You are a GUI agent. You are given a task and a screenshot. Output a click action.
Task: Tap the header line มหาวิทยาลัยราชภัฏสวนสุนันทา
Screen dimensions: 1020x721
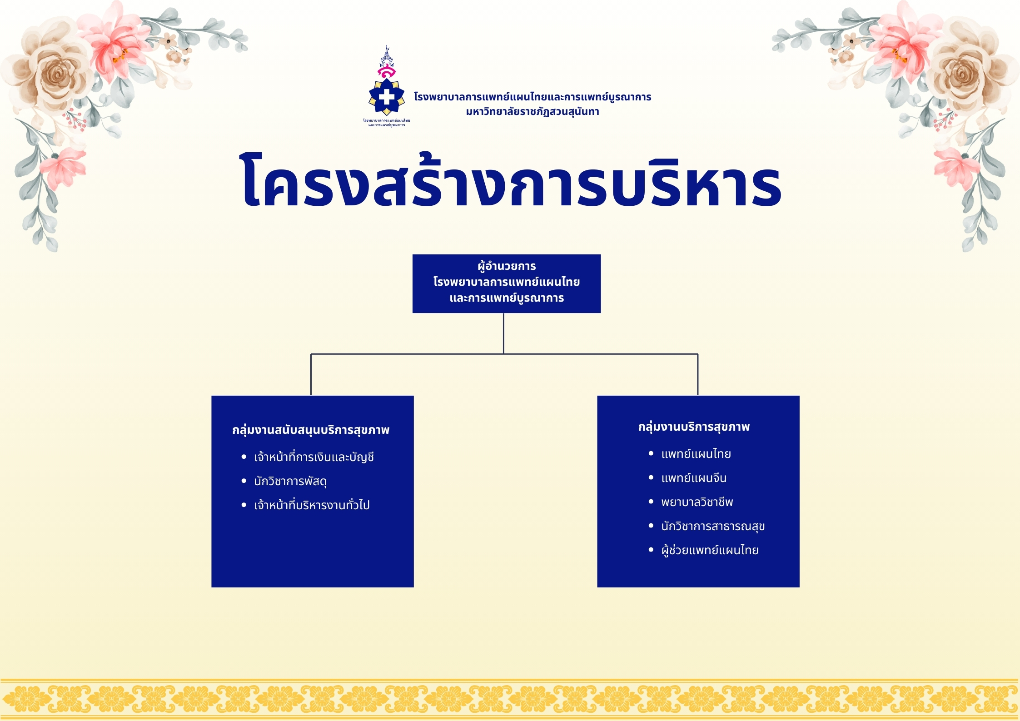click(532, 112)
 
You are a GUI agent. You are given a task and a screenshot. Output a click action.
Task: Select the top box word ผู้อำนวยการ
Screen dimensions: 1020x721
click(507, 266)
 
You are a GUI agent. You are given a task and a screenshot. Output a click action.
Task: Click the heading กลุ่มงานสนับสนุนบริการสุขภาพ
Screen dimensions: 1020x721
click(311, 430)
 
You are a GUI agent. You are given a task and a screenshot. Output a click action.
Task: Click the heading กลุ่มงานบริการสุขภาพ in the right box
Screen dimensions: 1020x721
click(694, 427)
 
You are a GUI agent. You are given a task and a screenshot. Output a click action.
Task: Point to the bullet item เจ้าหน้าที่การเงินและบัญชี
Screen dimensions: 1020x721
click(314, 457)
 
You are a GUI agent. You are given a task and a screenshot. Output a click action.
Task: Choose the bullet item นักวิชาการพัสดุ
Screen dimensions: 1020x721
click(290, 481)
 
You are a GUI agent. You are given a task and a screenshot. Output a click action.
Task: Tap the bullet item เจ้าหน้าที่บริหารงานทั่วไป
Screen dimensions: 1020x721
click(312, 505)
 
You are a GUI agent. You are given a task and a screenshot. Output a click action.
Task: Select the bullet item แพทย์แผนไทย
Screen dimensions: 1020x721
click(696, 454)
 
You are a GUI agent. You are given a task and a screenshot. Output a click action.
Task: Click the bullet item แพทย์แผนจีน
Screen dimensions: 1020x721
click(694, 478)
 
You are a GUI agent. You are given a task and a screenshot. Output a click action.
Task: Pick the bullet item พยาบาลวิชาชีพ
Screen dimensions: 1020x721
click(697, 502)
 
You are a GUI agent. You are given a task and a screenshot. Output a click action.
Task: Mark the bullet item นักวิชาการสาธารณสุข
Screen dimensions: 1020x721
click(713, 526)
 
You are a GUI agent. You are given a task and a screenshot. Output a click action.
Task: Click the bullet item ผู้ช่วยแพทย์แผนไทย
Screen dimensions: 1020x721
click(710, 550)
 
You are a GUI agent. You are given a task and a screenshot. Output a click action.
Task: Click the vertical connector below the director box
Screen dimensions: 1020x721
click(503, 333)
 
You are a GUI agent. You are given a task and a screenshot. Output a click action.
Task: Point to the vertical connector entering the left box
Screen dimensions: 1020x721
click(311, 374)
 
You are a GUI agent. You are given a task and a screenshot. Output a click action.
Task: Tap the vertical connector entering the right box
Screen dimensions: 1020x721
click(697, 374)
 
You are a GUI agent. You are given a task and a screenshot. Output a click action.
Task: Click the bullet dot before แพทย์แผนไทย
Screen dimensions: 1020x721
click(651, 453)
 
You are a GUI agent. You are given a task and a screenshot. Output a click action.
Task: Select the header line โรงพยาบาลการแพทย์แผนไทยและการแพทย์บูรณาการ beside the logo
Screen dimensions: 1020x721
click(532, 97)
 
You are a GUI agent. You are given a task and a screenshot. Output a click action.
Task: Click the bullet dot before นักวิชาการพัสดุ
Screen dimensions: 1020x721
click(244, 481)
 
